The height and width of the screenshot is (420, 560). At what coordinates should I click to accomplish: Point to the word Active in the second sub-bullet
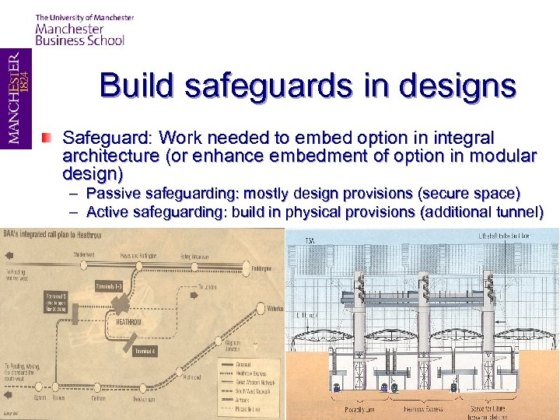(107, 212)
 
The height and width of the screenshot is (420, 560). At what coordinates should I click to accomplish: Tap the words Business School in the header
(80, 40)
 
